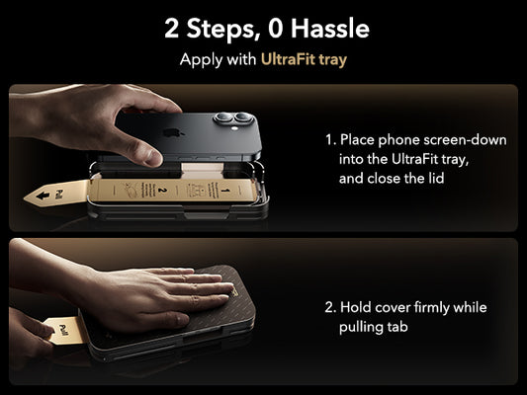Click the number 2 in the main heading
(x=173, y=29)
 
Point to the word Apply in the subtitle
(x=201, y=60)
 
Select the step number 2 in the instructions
(x=328, y=307)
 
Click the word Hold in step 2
(x=355, y=307)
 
